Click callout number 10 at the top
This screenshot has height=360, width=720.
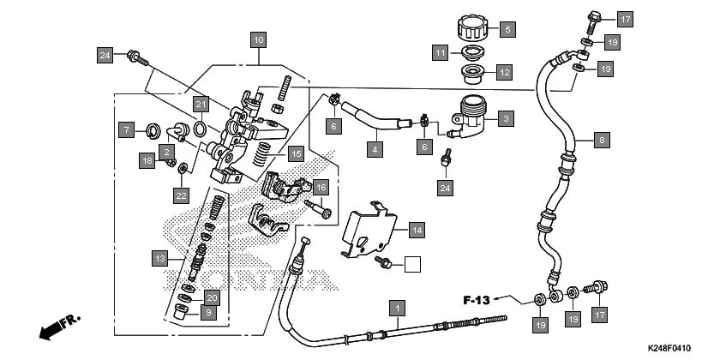(x=258, y=39)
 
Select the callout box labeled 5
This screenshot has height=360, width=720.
(x=506, y=29)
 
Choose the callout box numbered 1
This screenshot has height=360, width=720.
(x=396, y=306)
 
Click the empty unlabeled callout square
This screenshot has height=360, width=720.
(x=413, y=264)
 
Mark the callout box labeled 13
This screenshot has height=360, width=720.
(x=159, y=257)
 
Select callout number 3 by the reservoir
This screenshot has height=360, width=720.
(x=506, y=117)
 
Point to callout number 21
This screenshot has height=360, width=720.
(x=200, y=105)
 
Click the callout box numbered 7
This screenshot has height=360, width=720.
(x=126, y=130)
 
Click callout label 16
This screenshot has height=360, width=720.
(x=321, y=187)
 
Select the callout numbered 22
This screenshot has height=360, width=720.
(x=181, y=195)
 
